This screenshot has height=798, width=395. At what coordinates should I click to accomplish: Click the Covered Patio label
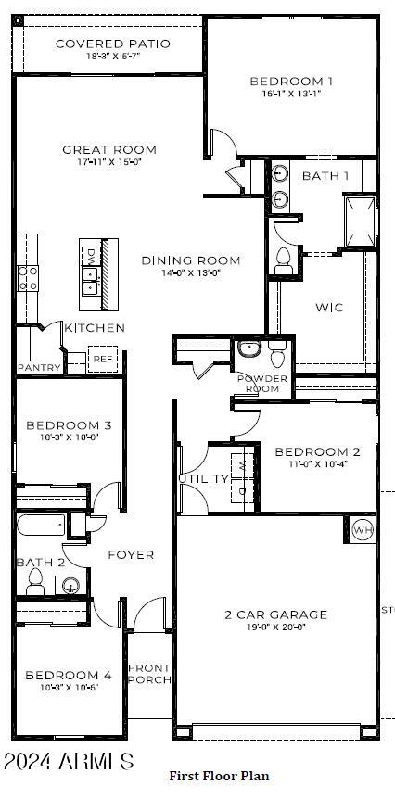[x=112, y=44]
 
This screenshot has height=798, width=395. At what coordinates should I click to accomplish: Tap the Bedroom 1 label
[x=291, y=82]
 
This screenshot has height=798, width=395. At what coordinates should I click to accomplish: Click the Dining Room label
[x=190, y=260]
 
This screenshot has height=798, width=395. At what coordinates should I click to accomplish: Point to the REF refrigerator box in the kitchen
[x=100, y=359]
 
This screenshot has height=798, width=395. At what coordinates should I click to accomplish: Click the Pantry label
[x=39, y=368]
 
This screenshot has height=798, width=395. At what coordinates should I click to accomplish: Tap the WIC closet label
[x=329, y=307]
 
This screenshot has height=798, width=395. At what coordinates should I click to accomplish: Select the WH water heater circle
[x=363, y=530]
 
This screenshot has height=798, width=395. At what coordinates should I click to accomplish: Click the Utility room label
[x=203, y=479]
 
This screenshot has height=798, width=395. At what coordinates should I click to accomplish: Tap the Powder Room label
[x=262, y=384]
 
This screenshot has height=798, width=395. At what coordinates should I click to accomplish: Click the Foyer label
[x=131, y=555]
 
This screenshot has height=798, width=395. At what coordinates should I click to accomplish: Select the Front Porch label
[x=149, y=674]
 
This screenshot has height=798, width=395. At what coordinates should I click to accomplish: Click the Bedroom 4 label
[x=68, y=676]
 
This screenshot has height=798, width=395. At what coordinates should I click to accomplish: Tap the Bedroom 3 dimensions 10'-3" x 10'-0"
[x=69, y=438]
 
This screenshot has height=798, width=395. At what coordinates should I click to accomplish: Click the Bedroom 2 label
[x=317, y=452]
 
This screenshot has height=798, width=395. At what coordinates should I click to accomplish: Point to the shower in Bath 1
[x=360, y=222]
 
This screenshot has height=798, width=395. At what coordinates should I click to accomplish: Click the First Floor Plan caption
[x=219, y=775]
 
